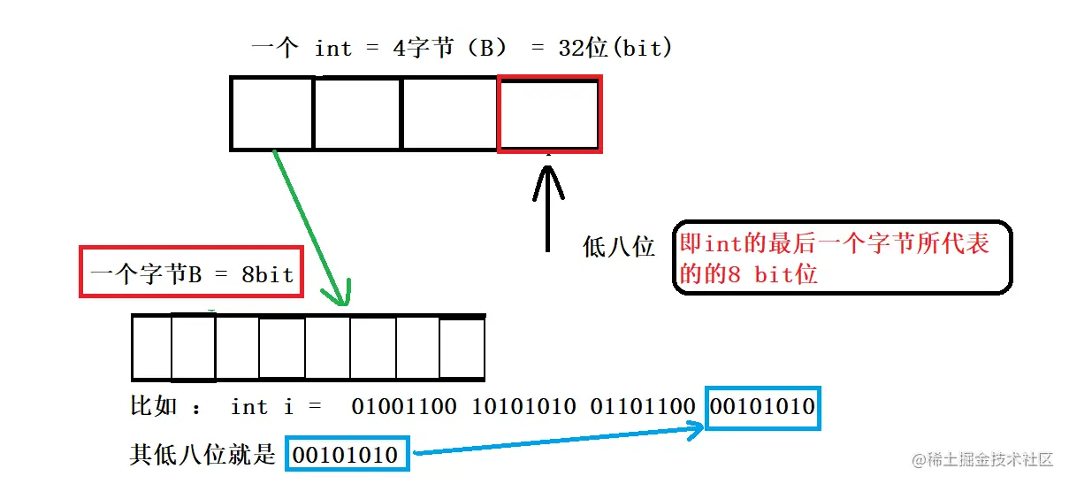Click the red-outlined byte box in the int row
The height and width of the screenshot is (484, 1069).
click(549, 113)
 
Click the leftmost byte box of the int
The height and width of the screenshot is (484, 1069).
click(272, 113)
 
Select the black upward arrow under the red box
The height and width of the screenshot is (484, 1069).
click(548, 208)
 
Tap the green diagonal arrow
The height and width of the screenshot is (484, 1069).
click(310, 227)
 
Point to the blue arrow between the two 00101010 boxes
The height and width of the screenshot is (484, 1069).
click(557, 441)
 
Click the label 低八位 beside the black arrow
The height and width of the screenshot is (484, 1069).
click(619, 247)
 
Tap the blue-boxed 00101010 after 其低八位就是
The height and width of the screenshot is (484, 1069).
click(347, 455)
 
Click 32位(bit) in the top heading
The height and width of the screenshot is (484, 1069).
click(615, 48)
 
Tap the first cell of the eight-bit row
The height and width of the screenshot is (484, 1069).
click(151, 348)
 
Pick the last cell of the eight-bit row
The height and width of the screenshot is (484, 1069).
click(462, 348)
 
